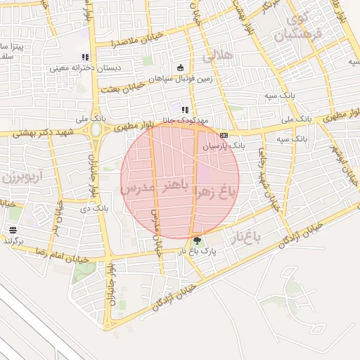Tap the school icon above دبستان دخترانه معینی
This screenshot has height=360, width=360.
coord(85,58)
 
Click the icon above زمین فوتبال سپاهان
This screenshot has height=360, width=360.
coord(181,67)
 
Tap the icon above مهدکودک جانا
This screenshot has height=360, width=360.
coord(185,110)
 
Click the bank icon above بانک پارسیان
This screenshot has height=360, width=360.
coord(224,135)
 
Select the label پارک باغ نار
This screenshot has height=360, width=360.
coord(196,251)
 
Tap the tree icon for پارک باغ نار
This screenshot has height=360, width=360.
coord(196,240)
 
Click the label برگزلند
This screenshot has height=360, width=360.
coord(13,240)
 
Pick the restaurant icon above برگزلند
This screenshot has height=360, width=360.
coord(13,229)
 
